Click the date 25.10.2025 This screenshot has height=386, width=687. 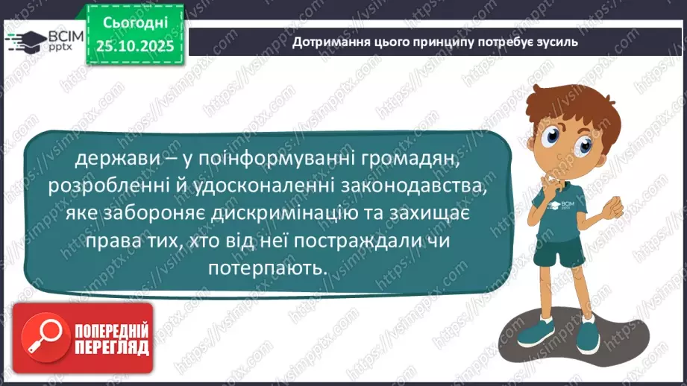pos(134,45)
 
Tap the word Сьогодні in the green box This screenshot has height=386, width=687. pos(134,22)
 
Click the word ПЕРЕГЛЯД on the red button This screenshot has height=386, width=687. pos(112,349)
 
